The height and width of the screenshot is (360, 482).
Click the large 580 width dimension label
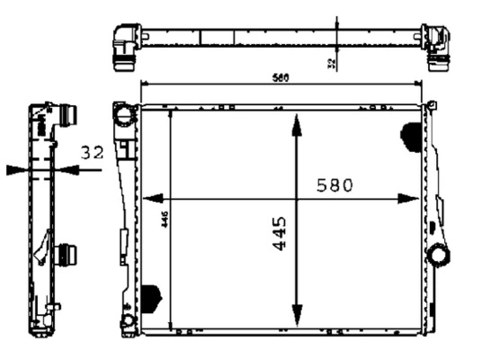coord(335,184)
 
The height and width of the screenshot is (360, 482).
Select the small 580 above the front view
coord(281,77)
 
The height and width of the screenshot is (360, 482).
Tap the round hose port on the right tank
coord(440,255)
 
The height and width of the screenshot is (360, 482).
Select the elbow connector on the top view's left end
coord(124,45)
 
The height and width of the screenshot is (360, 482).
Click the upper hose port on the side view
coord(67,116)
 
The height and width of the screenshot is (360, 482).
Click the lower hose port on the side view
coord(67,254)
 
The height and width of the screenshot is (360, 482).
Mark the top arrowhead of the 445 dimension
coord(296,121)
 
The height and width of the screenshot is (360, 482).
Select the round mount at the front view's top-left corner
coord(123,114)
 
